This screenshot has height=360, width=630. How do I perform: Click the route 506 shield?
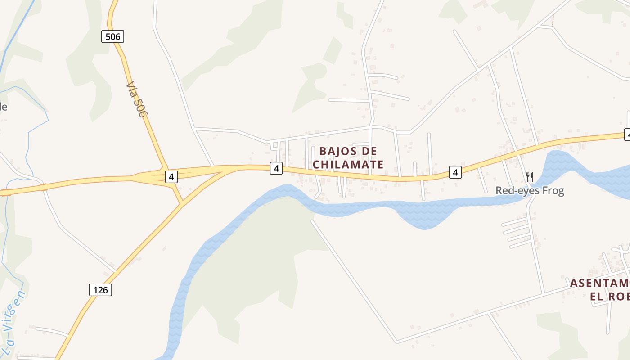[112, 36]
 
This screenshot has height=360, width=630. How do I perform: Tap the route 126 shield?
[100, 290]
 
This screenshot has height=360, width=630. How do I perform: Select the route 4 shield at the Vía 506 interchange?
[171, 177]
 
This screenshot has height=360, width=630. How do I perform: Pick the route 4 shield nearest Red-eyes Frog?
[455, 172]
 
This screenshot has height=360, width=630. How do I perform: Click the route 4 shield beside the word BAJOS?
[276, 169]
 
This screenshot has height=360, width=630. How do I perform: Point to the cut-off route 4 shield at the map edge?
[627, 134]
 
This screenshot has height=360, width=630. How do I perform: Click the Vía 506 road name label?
[136, 99]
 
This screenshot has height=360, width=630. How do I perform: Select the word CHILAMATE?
[348, 165]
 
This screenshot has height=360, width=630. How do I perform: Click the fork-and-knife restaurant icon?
[529, 177]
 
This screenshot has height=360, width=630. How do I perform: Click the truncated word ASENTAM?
[599, 283]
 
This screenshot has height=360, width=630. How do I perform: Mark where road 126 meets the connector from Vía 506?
[181, 205]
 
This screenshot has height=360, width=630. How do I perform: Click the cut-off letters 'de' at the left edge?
[3, 107]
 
